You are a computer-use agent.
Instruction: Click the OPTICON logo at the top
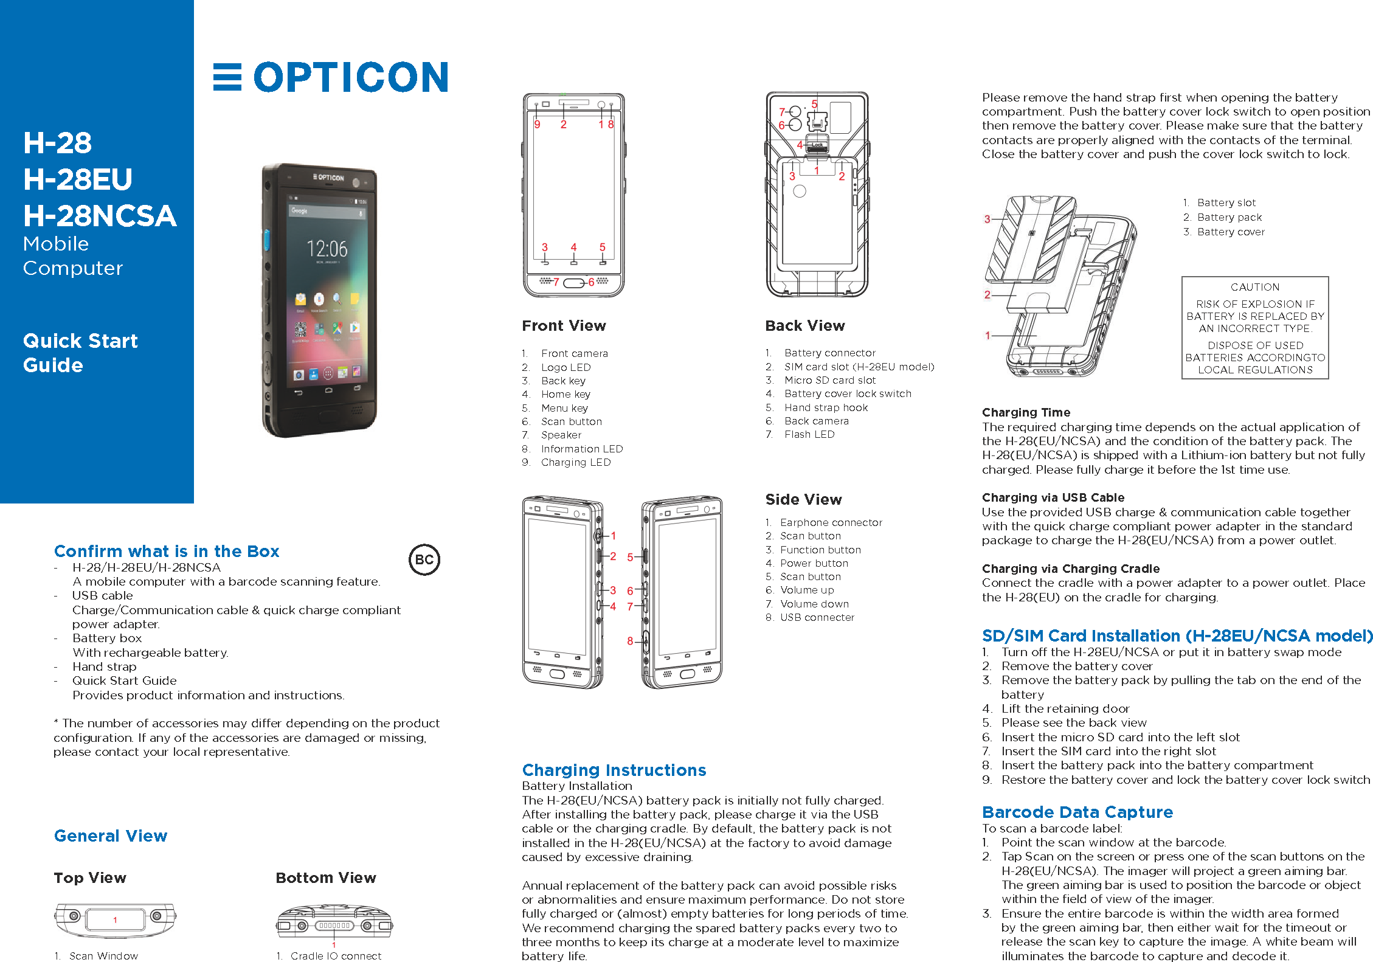[x=331, y=77]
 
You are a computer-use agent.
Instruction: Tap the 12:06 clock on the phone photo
[x=327, y=248]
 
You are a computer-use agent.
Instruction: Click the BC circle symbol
[x=424, y=559]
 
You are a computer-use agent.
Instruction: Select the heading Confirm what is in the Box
[x=167, y=551]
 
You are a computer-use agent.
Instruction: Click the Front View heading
[x=564, y=326]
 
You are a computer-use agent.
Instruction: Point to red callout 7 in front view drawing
[x=555, y=282]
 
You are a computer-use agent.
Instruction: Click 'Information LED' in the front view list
[x=581, y=449]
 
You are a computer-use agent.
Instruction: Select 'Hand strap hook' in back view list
[x=826, y=407]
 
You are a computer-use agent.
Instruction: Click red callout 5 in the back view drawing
[x=814, y=104]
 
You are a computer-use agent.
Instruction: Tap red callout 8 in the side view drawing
[x=630, y=641]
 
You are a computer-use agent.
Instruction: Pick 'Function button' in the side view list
[x=820, y=550]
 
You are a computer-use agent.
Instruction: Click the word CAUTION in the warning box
[x=1254, y=287]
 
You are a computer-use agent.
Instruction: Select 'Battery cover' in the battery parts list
[x=1230, y=232]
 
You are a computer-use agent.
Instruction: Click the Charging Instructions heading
[x=614, y=770]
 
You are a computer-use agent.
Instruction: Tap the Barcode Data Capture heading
[x=1077, y=812]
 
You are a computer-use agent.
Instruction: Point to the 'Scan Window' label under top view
[x=103, y=956]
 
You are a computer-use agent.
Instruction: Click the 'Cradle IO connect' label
[x=336, y=956]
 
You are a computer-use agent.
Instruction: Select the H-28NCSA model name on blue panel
[x=100, y=216]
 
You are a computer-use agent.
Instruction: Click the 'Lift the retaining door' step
[x=1065, y=708]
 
